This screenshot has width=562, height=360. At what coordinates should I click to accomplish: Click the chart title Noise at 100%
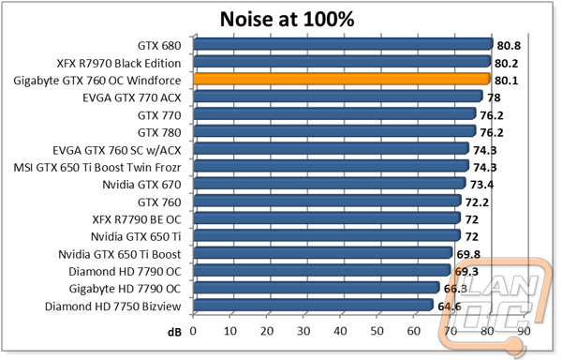pyautogui.click(x=287, y=19)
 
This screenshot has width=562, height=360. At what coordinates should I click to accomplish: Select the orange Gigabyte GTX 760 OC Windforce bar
pyautogui.click(x=342, y=79)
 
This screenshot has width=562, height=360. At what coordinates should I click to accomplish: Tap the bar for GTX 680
pyautogui.click(x=344, y=44)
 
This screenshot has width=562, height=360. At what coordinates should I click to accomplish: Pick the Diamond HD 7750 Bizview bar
pyautogui.click(x=313, y=305)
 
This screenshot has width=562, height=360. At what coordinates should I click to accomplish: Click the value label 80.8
pyautogui.click(x=509, y=46)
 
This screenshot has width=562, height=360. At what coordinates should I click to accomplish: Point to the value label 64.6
pyautogui.click(x=450, y=307)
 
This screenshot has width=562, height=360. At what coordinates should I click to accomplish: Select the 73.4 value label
pyautogui.click(x=481, y=185)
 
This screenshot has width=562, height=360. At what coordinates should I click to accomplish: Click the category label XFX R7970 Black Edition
pyautogui.click(x=119, y=63)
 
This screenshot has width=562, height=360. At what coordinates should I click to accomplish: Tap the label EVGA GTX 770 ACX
pyautogui.click(x=132, y=97)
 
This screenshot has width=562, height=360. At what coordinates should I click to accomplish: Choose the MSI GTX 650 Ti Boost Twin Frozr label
pyautogui.click(x=97, y=168)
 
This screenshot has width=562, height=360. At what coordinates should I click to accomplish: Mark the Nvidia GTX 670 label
pyautogui.click(x=141, y=185)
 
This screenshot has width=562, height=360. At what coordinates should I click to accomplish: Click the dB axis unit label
pyautogui.click(x=174, y=333)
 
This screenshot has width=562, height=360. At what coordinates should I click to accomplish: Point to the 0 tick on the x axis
pyautogui.click(x=193, y=331)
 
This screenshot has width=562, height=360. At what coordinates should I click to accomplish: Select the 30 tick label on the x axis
pyautogui.click(x=303, y=331)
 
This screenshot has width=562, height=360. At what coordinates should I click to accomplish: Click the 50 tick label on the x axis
pyautogui.click(x=377, y=331)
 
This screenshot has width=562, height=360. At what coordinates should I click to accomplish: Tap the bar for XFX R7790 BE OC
pyautogui.click(x=327, y=218)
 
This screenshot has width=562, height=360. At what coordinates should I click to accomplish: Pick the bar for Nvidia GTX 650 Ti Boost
pyautogui.click(x=323, y=253)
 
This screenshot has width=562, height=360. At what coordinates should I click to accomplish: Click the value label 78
pyautogui.click(x=494, y=97)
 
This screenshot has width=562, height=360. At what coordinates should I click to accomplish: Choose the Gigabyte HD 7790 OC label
pyautogui.click(x=125, y=289)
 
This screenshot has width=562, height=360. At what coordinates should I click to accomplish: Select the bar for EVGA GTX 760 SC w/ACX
pyautogui.click(x=332, y=148)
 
